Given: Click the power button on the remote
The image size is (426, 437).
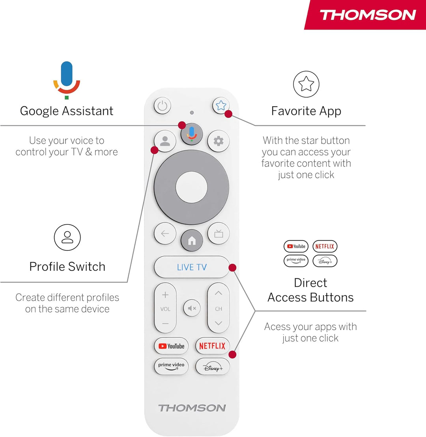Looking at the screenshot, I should point(163,106).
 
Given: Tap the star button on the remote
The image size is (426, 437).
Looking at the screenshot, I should point(221,105).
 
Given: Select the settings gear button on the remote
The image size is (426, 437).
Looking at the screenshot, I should point(218,141).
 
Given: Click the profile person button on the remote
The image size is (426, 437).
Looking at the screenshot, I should point(165,141).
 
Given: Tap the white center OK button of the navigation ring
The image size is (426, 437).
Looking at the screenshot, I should point(191,187).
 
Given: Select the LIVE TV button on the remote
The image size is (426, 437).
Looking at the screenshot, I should point(191,267).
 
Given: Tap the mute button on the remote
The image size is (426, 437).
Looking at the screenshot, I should point(192,308).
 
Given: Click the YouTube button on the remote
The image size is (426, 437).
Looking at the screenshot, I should point(172,346).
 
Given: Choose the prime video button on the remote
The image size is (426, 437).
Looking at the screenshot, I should point(171,366).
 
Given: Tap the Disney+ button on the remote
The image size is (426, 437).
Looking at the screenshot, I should point(213,367).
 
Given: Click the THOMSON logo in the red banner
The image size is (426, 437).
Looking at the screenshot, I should point(368,15).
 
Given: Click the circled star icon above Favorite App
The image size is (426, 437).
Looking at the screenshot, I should point(306,84).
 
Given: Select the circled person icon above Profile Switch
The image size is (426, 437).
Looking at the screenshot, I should point(67,237).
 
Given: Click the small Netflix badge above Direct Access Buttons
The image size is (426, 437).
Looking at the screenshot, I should point(325,246).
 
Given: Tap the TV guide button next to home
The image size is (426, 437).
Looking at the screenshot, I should point(219,233).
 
